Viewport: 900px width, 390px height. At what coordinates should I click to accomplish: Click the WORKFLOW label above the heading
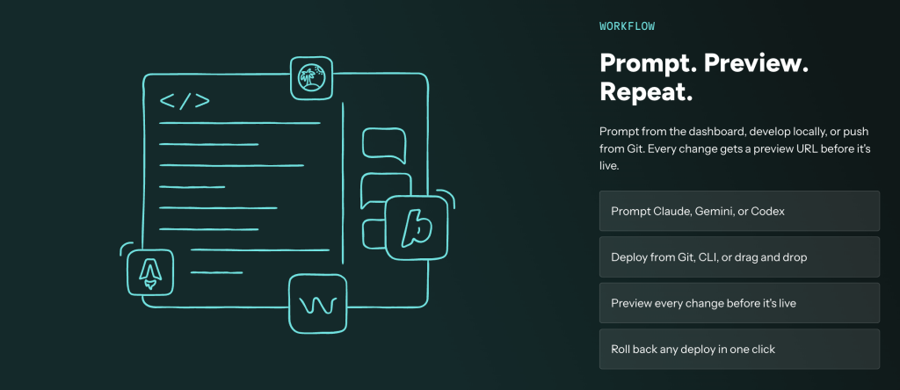point(627,25)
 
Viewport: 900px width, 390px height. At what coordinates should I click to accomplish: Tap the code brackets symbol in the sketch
point(185,100)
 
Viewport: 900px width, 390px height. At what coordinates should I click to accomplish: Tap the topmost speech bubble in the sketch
point(383,145)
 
